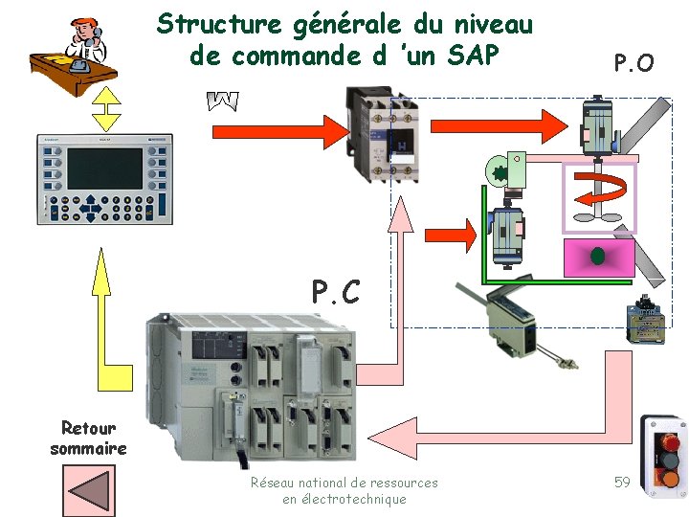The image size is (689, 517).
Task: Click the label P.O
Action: click(633, 64)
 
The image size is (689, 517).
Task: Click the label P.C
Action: click(336, 291)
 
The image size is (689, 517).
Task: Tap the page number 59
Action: click(622, 482)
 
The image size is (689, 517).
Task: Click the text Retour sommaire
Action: click(88, 438)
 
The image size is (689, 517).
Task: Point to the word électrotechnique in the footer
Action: click(344, 499)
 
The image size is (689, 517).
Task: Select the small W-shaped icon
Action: click(222, 100)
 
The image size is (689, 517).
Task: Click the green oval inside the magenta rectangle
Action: click(598, 256)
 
